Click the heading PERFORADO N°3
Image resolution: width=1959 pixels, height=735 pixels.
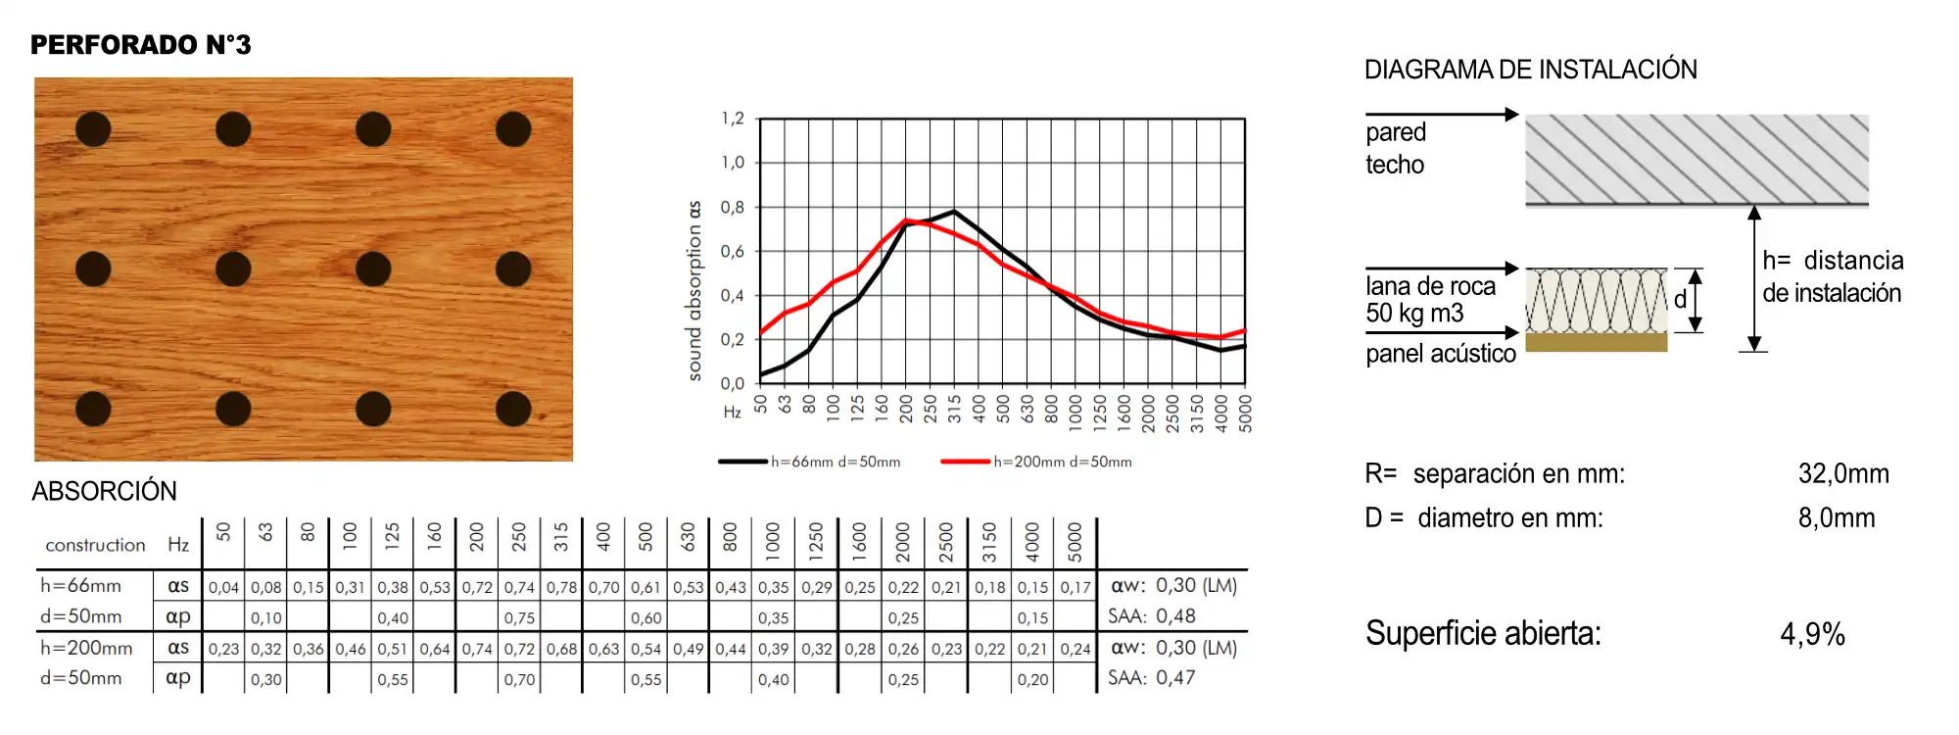coord(140,45)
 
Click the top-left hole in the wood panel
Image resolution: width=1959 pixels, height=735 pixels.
coord(93,129)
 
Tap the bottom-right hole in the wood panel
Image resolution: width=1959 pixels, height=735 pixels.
coord(513,409)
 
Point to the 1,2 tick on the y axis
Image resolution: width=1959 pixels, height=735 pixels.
coord(733,119)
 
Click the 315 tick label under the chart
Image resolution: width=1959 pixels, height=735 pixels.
coord(954,409)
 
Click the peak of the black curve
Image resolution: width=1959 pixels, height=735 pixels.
coord(954,211)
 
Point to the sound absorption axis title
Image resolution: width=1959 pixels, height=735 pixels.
coord(694,291)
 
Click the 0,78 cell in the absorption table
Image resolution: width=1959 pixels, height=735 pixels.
coord(561,587)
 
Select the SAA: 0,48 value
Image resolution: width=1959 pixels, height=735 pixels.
coord(1152,616)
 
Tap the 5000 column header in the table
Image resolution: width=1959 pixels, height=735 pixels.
coord(1075,542)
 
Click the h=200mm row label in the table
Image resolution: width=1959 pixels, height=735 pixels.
coord(86,648)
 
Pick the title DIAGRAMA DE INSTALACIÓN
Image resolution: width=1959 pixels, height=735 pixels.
coord(1530,70)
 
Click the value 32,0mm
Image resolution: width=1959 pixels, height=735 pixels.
coord(1843,474)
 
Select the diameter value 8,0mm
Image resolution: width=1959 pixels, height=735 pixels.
coord(1837,518)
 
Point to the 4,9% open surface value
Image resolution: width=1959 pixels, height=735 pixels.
coord(1812,634)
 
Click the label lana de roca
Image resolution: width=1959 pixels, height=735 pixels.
coord(1430,286)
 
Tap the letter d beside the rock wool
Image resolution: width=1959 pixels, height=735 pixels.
coord(1680,300)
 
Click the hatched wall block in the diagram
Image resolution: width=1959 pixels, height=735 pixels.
coord(1696,159)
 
